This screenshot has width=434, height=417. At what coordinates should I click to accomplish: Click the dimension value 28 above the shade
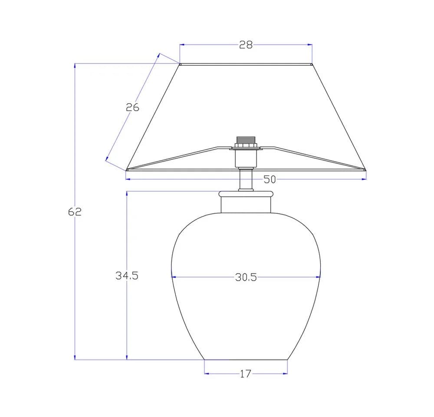click(246, 45)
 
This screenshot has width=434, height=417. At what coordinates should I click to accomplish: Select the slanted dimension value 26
click(132, 107)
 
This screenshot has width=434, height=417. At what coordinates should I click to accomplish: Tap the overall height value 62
click(75, 212)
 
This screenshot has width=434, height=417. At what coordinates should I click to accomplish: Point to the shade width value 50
click(270, 179)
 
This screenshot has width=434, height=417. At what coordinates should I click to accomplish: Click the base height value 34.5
click(127, 275)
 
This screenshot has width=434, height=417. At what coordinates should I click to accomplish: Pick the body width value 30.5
click(246, 277)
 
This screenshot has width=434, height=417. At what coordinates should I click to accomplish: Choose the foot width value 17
click(245, 374)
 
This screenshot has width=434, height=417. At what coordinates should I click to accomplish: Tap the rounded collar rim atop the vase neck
click(246, 194)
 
